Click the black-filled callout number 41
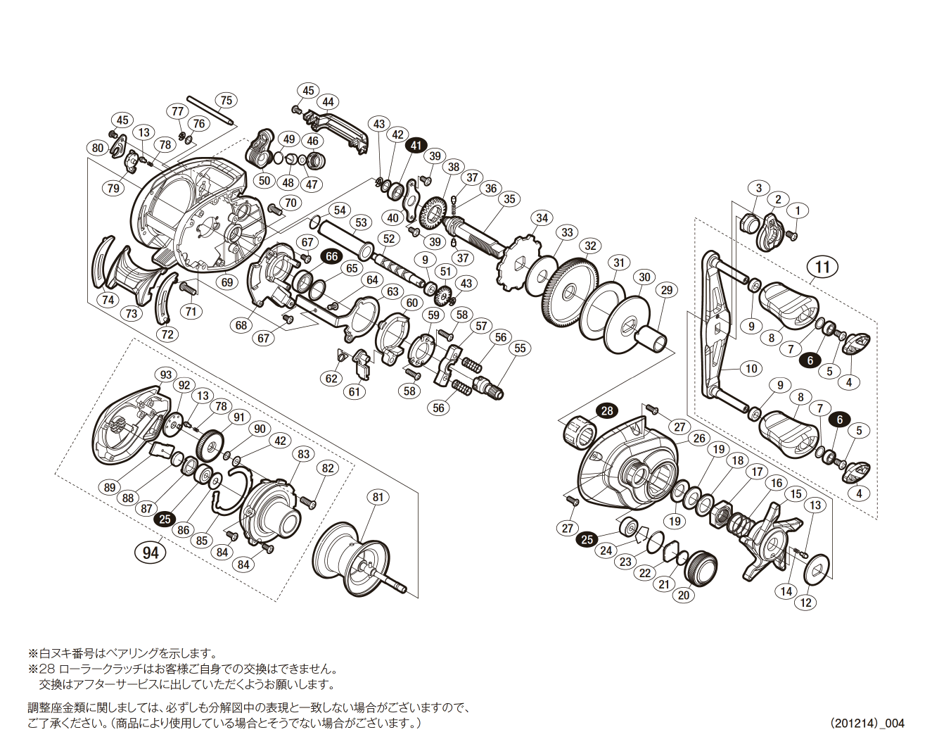pyautogui.click(x=416, y=145)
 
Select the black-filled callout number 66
pyautogui.click(x=332, y=256)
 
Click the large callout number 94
pyautogui.click(x=151, y=552)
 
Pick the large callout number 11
pyautogui.click(x=822, y=267)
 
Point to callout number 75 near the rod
pyautogui.click(x=225, y=100)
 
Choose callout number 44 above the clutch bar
pyautogui.click(x=328, y=102)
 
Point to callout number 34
pyautogui.click(x=542, y=218)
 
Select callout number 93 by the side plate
pyautogui.click(x=165, y=374)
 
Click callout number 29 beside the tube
pyautogui.click(x=666, y=290)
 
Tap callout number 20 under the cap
pyautogui.click(x=683, y=595)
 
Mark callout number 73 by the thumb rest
pyautogui.click(x=132, y=314)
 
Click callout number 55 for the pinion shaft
pyautogui.click(x=520, y=348)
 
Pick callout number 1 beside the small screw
pyautogui.click(x=798, y=210)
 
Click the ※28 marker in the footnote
pyautogui.click(x=41, y=669)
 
